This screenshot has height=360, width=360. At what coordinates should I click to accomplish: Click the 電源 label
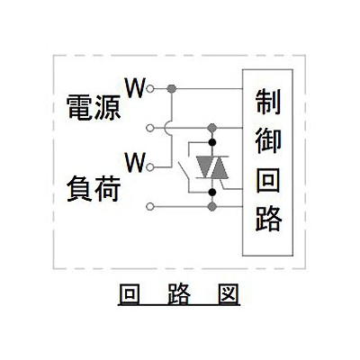pos(94,108)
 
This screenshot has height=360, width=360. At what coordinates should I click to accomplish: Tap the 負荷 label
pos(94,189)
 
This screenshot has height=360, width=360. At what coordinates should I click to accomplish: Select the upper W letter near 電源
pos(135,88)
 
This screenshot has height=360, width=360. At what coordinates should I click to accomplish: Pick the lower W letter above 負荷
pos(135,162)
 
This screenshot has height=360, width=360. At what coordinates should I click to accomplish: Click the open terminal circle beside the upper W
pos(150,89)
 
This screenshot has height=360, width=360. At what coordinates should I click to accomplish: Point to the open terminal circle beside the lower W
pos(150,167)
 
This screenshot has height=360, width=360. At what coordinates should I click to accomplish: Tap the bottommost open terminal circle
pos(150,206)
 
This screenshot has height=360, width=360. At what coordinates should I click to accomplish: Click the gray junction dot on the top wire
pos(172,89)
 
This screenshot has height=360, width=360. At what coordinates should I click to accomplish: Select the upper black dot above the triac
pos(212,142)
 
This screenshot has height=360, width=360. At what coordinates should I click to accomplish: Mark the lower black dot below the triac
pos(212,192)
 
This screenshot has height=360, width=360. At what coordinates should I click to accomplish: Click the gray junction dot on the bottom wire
pos(212,206)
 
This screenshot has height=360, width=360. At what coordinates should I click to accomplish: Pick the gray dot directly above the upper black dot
pos(212,128)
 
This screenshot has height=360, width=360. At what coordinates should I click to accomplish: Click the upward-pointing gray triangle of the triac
pos(220,167)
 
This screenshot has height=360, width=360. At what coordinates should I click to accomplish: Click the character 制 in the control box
pos(268,103)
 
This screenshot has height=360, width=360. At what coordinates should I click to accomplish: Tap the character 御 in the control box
pos(268,141)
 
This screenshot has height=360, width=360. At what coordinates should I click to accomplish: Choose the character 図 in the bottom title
pos(229,293)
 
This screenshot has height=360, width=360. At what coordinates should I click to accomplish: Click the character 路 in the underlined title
pos(179,293)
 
